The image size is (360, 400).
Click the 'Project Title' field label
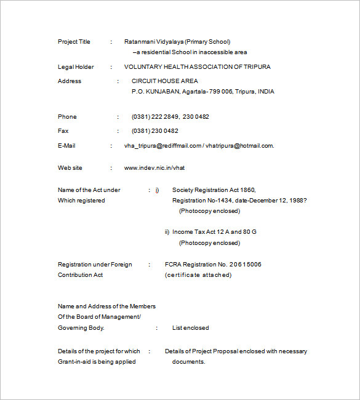[74, 42]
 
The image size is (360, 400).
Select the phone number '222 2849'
[166, 116]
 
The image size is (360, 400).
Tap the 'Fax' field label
[63, 130]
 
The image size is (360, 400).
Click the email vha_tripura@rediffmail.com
[163, 145]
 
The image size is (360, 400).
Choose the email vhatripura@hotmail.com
[239, 145]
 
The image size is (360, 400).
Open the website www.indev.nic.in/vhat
[154, 167]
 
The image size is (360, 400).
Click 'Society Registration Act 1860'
[214, 190]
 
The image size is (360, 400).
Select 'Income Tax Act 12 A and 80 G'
[214, 231]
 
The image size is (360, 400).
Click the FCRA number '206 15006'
[246, 264]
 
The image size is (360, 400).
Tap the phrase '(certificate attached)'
[198, 274]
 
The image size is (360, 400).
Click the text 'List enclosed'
[190, 328]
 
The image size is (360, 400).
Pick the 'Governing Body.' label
[81, 328]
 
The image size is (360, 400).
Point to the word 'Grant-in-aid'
[77, 361]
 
